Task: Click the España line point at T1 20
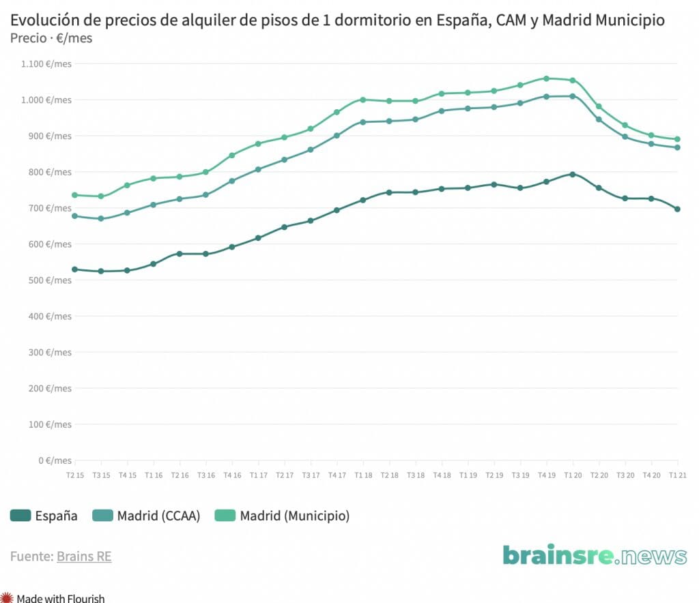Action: point(573,174)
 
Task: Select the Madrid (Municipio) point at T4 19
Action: point(546,78)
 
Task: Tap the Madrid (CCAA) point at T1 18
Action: point(362,122)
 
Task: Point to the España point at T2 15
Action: point(74,269)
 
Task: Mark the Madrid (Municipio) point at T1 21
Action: point(677,139)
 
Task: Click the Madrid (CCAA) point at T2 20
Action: point(599,119)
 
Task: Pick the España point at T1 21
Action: point(677,209)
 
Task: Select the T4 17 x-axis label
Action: point(337,475)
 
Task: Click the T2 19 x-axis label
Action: point(494,475)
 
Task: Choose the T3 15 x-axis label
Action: point(101,475)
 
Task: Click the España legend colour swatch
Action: point(20,516)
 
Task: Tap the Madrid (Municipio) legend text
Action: point(294,516)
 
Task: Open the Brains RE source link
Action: point(84,557)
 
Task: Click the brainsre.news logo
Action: point(595,555)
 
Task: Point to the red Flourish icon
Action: point(7,598)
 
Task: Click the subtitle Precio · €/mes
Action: point(52,38)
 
